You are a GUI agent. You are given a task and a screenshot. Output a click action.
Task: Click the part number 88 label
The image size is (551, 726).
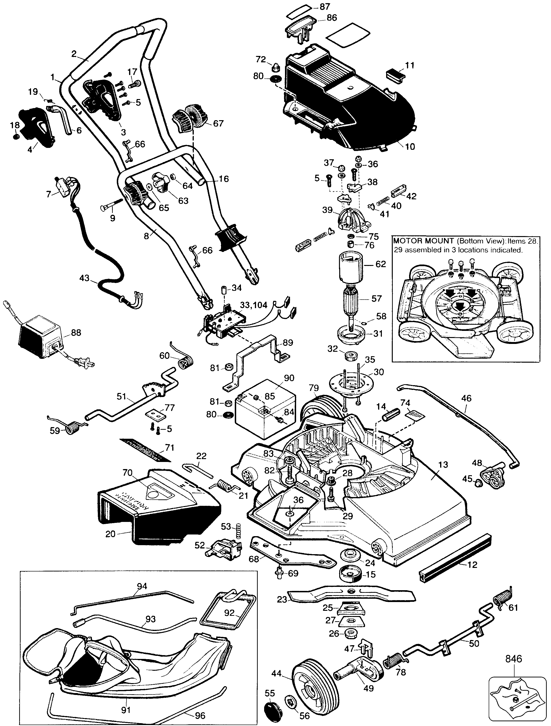[x=76, y=333]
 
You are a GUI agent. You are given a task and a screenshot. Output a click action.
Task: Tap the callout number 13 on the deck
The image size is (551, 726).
[x=443, y=465]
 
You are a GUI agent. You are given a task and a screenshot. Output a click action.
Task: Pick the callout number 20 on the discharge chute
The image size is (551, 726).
[x=111, y=534]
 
